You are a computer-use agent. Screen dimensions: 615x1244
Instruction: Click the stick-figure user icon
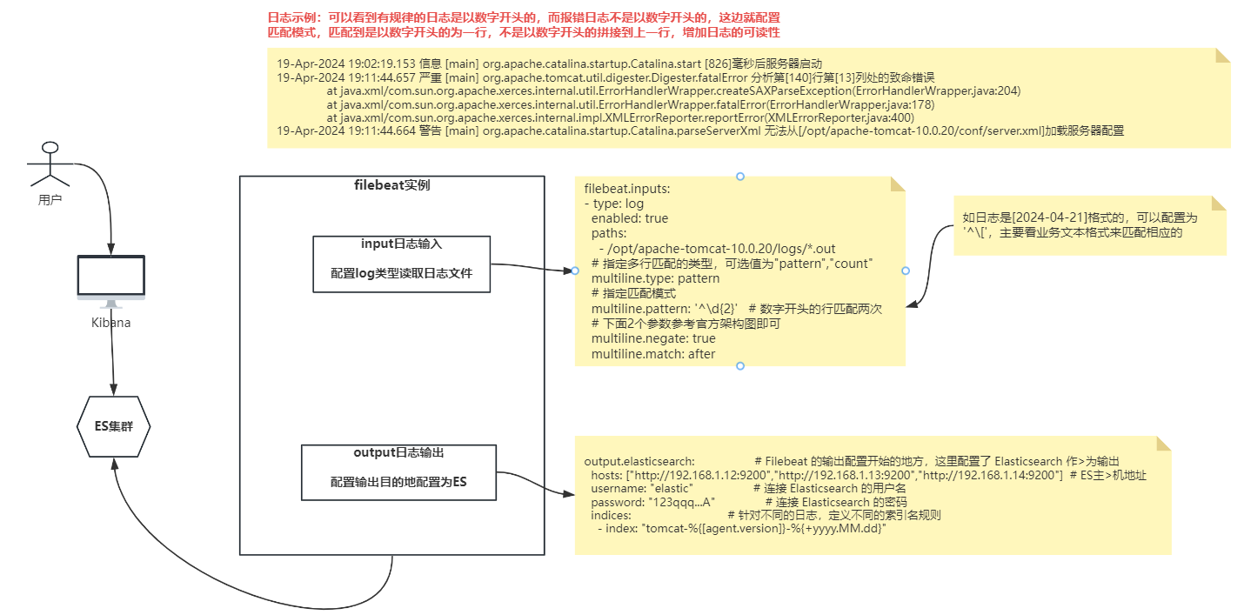(50, 164)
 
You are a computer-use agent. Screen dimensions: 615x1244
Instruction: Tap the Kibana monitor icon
(111, 278)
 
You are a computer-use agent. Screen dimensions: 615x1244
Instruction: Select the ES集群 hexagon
(114, 426)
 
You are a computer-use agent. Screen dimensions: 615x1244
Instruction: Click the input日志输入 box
(402, 264)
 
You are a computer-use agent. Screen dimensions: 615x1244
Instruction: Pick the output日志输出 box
(398, 472)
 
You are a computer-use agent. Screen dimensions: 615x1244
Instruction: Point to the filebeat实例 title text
(391, 185)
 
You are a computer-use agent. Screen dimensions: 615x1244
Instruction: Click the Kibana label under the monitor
(111, 323)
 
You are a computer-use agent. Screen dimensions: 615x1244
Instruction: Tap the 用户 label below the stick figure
(50, 199)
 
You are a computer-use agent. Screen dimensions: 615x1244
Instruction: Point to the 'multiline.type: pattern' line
(655, 279)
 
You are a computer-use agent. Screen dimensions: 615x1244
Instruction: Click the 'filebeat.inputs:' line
(627, 188)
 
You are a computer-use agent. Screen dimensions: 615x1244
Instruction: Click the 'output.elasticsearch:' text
(639, 460)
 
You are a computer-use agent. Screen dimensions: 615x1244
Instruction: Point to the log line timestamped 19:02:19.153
(549, 64)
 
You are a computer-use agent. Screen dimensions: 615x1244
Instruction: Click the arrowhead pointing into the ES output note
(569, 495)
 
